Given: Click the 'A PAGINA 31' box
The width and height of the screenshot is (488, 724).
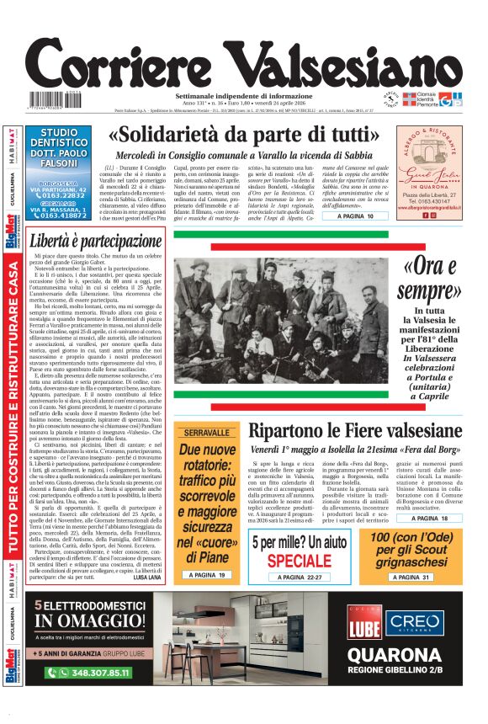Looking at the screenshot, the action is tap(409, 578).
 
